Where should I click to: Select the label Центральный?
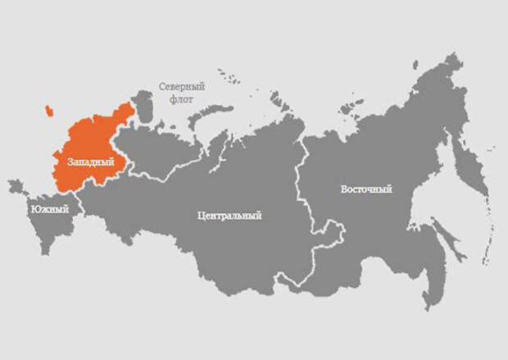(229, 216)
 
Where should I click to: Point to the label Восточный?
(366, 189)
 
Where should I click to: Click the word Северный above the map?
(181, 85)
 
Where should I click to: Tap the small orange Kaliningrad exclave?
(49, 110)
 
